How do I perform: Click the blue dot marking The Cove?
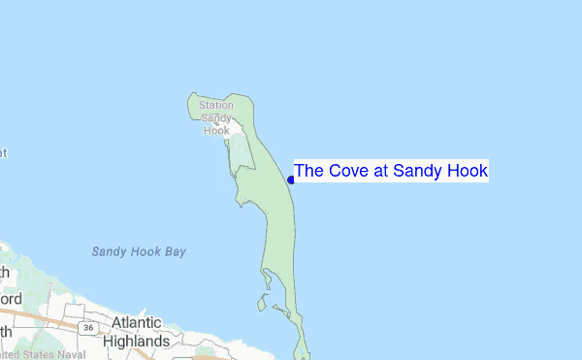click(291, 180)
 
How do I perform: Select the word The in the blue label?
click(309, 172)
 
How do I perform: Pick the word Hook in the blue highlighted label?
click(468, 172)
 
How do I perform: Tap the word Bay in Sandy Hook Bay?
click(175, 251)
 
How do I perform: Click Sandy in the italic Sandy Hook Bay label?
click(109, 251)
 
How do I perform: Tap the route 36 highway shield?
click(88, 328)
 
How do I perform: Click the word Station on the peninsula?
click(215, 105)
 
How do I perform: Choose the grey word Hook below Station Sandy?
click(215, 129)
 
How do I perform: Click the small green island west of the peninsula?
click(262, 303)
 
